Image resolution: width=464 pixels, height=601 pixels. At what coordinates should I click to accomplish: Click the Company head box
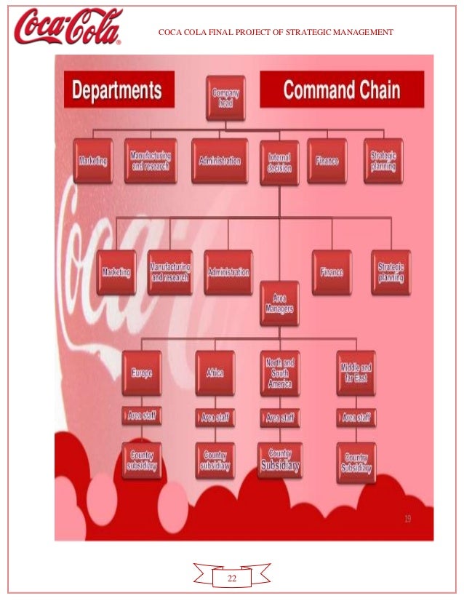tap(225, 97)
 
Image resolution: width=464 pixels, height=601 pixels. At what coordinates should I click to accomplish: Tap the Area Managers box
tap(279, 303)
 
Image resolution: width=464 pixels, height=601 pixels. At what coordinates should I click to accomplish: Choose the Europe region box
tap(142, 373)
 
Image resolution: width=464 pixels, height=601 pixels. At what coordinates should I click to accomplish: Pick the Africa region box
tap(215, 373)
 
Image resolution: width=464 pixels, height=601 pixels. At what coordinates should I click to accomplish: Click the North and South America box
tap(279, 373)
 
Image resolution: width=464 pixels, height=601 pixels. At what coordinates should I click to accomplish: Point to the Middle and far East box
tap(356, 373)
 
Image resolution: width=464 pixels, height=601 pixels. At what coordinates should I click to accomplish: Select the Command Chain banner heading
tap(341, 89)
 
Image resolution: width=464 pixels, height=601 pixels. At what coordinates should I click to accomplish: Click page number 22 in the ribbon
tap(232, 578)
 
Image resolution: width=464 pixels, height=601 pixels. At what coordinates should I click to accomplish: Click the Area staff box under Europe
tap(142, 417)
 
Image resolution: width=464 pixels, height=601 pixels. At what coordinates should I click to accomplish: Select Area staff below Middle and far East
tap(356, 418)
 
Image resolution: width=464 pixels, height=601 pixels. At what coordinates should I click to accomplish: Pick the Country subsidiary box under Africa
tap(215, 460)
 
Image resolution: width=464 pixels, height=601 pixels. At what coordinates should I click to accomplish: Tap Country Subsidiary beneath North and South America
tap(280, 460)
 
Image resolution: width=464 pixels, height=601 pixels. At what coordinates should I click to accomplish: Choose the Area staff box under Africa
tap(215, 418)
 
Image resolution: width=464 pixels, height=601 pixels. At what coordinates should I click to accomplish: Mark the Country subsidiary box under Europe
tap(142, 460)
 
